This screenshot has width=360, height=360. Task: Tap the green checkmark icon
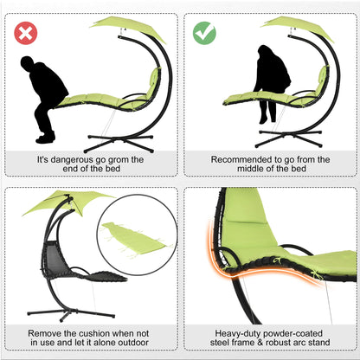(x=204, y=35)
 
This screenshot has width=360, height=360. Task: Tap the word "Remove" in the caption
(x=45, y=331)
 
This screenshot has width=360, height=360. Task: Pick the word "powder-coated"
(x=298, y=331)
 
